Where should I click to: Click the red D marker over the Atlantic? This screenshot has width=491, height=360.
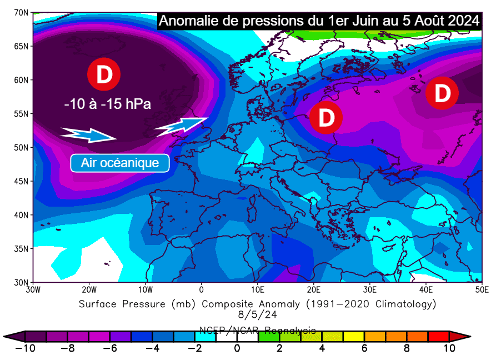(104, 74)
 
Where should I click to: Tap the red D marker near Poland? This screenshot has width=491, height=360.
(325, 118)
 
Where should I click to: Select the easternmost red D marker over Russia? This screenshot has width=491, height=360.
(442, 93)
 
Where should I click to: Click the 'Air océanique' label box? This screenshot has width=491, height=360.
(119, 163)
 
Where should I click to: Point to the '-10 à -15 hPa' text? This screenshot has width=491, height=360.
(108, 104)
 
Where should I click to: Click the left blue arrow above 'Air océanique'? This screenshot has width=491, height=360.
(88, 134)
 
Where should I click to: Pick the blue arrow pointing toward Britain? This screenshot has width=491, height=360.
(181, 126)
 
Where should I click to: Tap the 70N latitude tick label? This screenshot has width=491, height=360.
(22, 12)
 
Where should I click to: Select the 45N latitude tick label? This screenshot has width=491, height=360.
(22, 181)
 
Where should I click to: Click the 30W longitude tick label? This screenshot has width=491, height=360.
(32, 289)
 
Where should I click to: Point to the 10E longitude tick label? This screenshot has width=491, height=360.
(257, 289)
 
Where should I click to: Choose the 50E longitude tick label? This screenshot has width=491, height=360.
(482, 289)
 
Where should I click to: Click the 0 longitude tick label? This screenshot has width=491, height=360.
(201, 289)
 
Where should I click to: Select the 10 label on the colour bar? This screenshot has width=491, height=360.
(449, 348)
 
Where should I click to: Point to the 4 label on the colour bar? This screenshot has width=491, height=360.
(322, 348)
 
